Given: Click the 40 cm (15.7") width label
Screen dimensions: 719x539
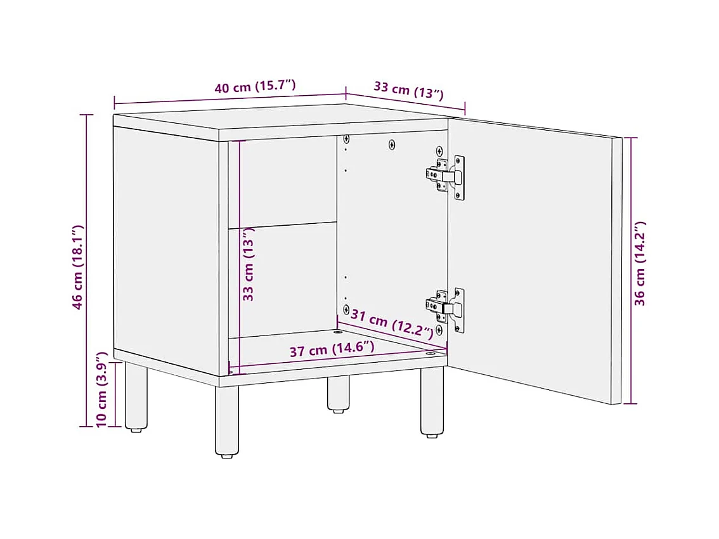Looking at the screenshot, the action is tap(255, 86).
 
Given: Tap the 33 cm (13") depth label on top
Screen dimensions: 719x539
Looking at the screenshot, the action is tap(408, 89).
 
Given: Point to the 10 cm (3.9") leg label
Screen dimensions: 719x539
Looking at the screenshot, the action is tap(101, 389).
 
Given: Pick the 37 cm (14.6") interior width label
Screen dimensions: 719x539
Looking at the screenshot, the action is tap(332, 349).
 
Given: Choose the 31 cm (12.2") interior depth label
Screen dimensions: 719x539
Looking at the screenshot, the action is tap(392, 323).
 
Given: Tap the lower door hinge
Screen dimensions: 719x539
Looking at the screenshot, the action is tap(445, 308).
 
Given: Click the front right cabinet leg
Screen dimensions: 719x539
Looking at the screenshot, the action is tap(432, 401).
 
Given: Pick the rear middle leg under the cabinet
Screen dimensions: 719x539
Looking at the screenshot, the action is tap(339, 394).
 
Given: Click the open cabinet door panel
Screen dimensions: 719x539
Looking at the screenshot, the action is tap(534, 261).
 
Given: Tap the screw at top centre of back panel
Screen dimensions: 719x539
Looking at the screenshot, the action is tap(392, 145).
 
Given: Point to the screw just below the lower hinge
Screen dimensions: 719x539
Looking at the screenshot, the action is tap(439, 329).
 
